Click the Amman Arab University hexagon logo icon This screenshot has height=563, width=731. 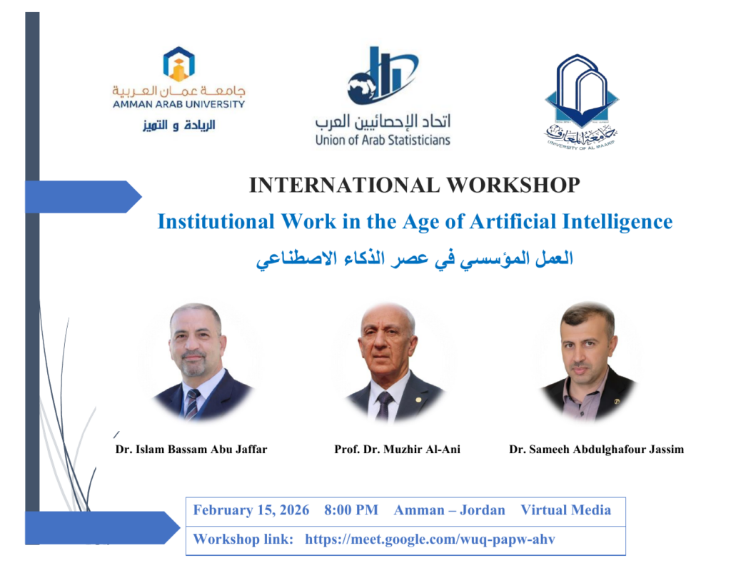178,64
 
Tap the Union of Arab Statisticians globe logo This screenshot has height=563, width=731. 383,76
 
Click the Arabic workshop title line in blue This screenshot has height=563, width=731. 415,259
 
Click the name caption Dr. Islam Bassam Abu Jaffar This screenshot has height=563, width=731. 191,450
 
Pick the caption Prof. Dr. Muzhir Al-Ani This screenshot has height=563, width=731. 397,450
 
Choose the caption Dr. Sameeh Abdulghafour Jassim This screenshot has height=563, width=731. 596,450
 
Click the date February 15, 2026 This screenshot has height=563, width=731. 251,510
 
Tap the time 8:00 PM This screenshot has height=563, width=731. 351,510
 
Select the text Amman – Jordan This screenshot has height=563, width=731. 450,510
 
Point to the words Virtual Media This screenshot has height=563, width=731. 565,510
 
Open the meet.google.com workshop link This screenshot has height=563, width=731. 430,539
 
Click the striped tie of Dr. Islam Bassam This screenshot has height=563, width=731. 191,404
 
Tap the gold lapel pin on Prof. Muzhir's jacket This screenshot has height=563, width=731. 418,400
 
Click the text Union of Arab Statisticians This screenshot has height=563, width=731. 383,140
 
